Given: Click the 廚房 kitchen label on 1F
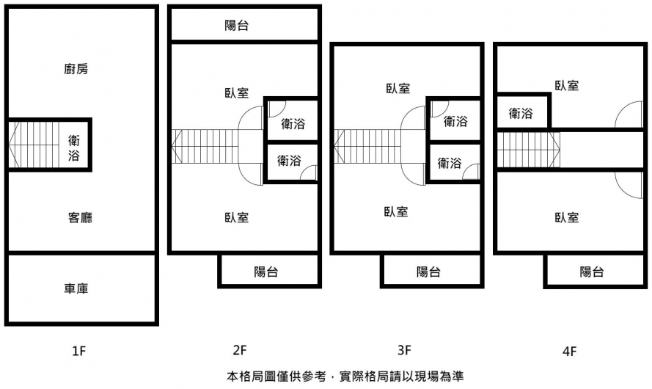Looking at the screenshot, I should click(x=76, y=70).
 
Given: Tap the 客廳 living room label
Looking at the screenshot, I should click(x=80, y=218).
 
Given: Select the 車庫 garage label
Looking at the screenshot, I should click(x=76, y=288).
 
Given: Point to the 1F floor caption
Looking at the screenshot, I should click(x=79, y=350).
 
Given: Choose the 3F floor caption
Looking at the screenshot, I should click(x=405, y=350).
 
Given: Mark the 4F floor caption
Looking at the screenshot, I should click(x=569, y=351).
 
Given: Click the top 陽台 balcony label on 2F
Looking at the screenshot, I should click(x=236, y=26).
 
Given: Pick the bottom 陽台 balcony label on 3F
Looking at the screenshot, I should click(x=428, y=272).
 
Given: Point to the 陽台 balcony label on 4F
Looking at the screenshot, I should click(x=592, y=272).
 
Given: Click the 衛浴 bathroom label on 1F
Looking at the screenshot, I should click(x=75, y=147).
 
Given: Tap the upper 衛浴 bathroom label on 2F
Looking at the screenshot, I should click(x=293, y=124).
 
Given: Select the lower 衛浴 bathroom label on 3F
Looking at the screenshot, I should click(x=450, y=164).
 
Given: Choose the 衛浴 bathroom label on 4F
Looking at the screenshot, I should click(x=521, y=114).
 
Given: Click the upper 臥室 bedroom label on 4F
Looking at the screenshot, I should click(x=567, y=86).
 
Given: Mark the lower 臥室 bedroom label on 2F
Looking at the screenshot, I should click(x=236, y=218).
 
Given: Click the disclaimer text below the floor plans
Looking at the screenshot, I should click(x=345, y=377).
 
